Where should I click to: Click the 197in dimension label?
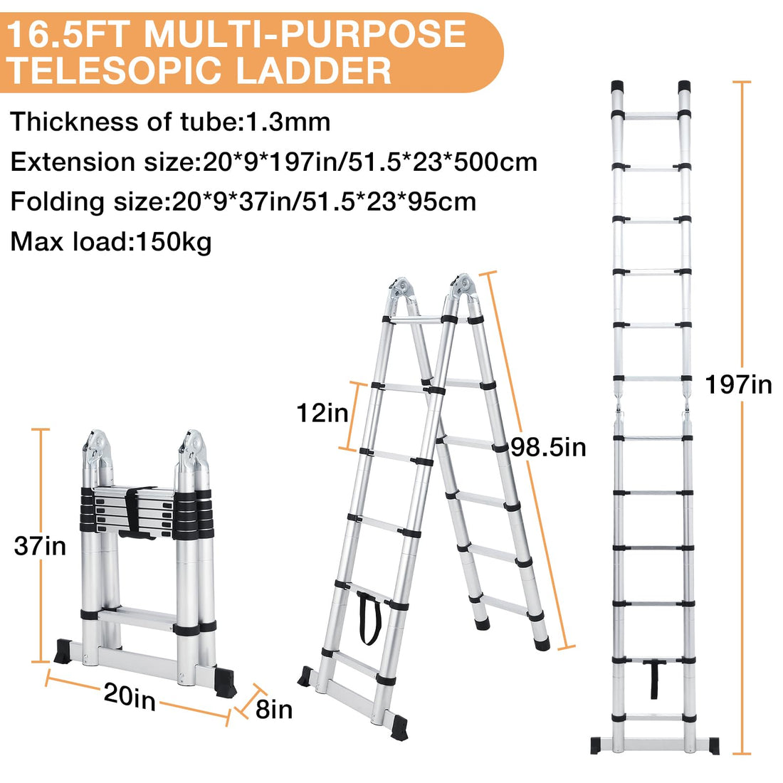pos(738,385)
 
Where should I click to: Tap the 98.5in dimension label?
pos(548,447)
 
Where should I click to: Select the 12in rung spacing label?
pos(322,413)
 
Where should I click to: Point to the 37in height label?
pos(40,545)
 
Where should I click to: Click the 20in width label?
pos(130,695)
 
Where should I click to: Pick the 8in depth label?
pos(273,709)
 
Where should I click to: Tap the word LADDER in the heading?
pos(314,70)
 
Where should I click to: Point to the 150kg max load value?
pos(174,242)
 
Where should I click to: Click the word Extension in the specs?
pos(73,162)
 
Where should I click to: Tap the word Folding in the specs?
pos(58,202)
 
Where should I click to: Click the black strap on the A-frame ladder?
pos(369,617)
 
